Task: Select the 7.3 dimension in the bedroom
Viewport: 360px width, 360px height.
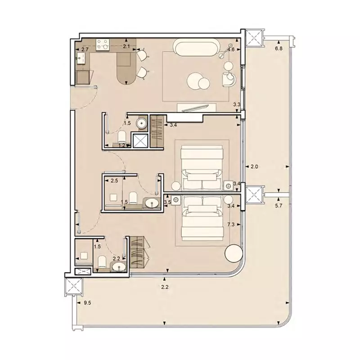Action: point(232,224)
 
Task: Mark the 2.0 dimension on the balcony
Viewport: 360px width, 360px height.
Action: point(254,167)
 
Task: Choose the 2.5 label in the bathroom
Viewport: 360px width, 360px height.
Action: point(114,181)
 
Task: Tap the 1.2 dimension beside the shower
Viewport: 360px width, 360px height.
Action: point(121,145)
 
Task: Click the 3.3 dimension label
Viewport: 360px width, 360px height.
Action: point(236,105)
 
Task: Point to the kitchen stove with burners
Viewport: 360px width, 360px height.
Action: point(102,44)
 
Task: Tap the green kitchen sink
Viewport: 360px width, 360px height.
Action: point(82,58)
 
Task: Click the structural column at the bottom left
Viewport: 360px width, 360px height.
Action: point(72,285)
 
